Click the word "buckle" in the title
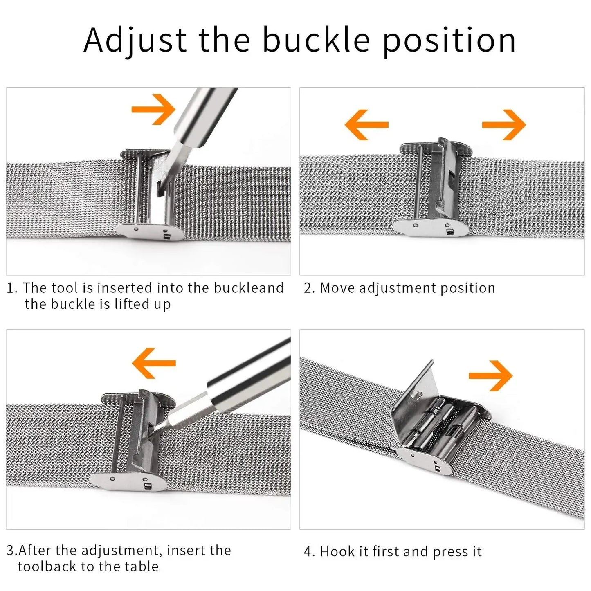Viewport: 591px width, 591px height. [x=316, y=39]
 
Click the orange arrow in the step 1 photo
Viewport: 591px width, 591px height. [x=153, y=110]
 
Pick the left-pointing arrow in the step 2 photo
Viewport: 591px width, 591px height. [x=366, y=124]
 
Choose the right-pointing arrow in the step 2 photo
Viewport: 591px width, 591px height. [x=504, y=124]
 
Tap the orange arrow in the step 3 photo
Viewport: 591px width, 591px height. [x=154, y=363]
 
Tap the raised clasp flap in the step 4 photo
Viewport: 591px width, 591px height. [x=414, y=399]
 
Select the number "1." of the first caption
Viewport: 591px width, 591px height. [x=12, y=288]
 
